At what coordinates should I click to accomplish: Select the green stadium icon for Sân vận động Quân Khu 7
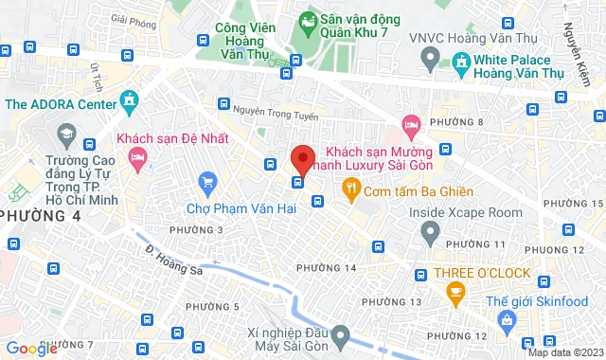pyautogui.click(x=308, y=20)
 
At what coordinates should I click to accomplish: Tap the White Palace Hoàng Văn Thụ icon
pyautogui.click(x=462, y=63)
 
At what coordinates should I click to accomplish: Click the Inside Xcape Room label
pyautogui.click(x=465, y=212)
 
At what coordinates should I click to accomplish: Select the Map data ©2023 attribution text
pyautogui.click(x=565, y=353)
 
